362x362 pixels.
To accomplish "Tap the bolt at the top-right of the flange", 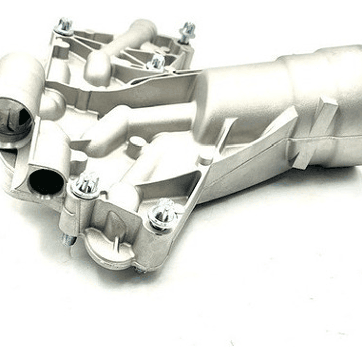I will [187, 32].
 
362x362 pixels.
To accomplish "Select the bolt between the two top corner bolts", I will [156, 62].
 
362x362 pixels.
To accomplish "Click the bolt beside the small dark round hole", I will [87, 184].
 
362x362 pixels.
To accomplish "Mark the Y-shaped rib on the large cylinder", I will [312, 131].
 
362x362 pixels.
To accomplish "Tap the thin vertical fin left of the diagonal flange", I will [222, 136].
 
